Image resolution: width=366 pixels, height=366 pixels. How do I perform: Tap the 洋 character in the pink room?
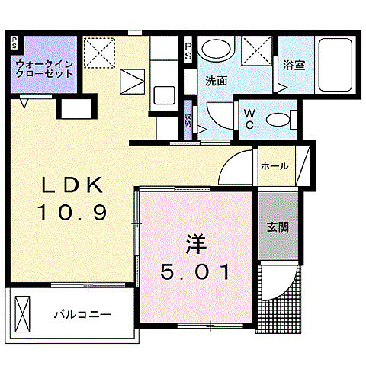click(x=195, y=247)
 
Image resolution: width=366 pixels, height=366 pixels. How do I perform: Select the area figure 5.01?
click(x=195, y=271)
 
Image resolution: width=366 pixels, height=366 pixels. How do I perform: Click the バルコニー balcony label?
click(x=82, y=314)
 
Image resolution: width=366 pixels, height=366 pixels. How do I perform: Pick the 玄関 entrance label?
click(x=276, y=227)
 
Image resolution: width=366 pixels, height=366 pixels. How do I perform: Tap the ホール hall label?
click(x=274, y=165)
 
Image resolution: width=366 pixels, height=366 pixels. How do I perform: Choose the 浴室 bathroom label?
click(x=294, y=65)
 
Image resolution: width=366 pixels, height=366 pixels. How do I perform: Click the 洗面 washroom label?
click(x=216, y=80)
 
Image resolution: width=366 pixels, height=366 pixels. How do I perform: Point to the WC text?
click(x=250, y=120)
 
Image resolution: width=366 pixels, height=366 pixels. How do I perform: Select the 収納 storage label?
click(x=188, y=120)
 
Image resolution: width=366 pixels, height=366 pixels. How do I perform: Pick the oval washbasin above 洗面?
click(x=215, y=52)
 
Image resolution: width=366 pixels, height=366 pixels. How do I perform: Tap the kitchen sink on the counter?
click(x=162, y=95)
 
